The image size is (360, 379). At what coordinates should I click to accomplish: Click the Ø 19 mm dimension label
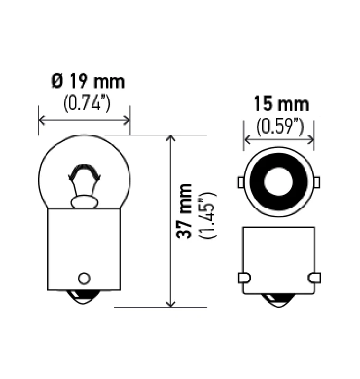click(x=88, y=82)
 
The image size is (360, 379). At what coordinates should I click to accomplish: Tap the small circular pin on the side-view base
click(x=84, y=278)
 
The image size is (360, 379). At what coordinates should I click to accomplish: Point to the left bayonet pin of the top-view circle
click(x=240, y=182)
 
